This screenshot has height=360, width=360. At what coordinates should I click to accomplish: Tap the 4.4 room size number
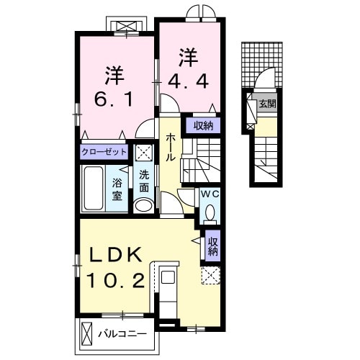point(189,81)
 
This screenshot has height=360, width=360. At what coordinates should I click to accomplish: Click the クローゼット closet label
point(105,153)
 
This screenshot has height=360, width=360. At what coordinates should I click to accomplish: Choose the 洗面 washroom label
point(143,180)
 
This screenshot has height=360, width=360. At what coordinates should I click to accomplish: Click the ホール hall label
point(171,147)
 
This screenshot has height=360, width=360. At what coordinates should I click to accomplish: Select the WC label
point(209,194)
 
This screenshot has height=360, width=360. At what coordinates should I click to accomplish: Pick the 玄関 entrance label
point(267,103)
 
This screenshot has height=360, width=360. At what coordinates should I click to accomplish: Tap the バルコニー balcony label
point(122,334)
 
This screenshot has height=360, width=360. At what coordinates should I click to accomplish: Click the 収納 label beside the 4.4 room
point(203,126)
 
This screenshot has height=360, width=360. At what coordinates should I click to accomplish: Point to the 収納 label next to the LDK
point(212,246)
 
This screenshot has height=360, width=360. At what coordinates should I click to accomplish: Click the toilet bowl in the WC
point(209,212)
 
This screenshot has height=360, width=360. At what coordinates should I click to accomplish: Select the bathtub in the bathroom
point(94,188)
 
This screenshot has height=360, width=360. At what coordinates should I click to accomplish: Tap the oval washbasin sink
point(143,206)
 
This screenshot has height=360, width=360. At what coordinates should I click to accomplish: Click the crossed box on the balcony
point(87,334)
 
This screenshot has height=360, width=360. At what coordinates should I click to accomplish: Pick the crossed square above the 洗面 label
point(143,153)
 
